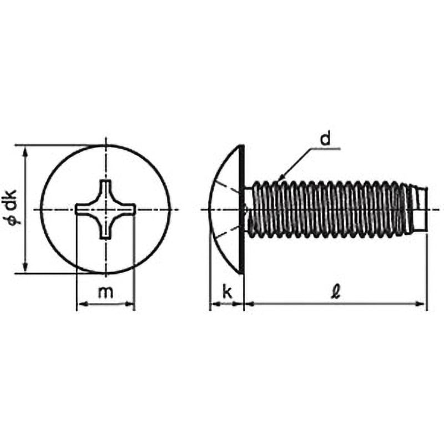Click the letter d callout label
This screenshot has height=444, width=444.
pyautogui.click(x=325, y=139)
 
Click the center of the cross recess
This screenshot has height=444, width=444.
pyautogui.click(x=105, y=210)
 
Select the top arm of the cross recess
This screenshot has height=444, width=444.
pyautogui.click(x=105, y=190)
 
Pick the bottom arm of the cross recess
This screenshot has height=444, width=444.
pyautogui.click(x=105, y=229)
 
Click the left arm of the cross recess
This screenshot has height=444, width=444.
pyautogui.click(x=86, y=210)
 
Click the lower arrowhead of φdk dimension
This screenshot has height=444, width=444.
pyautogui.click(x=26, y=266)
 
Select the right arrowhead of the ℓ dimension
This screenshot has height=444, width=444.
pyautogui.click(x=420, y=304)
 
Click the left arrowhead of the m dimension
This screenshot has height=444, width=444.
pyautogui.click(x=83, y=304)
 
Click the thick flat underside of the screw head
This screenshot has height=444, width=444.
pyautogui.click(x=241, y=209)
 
